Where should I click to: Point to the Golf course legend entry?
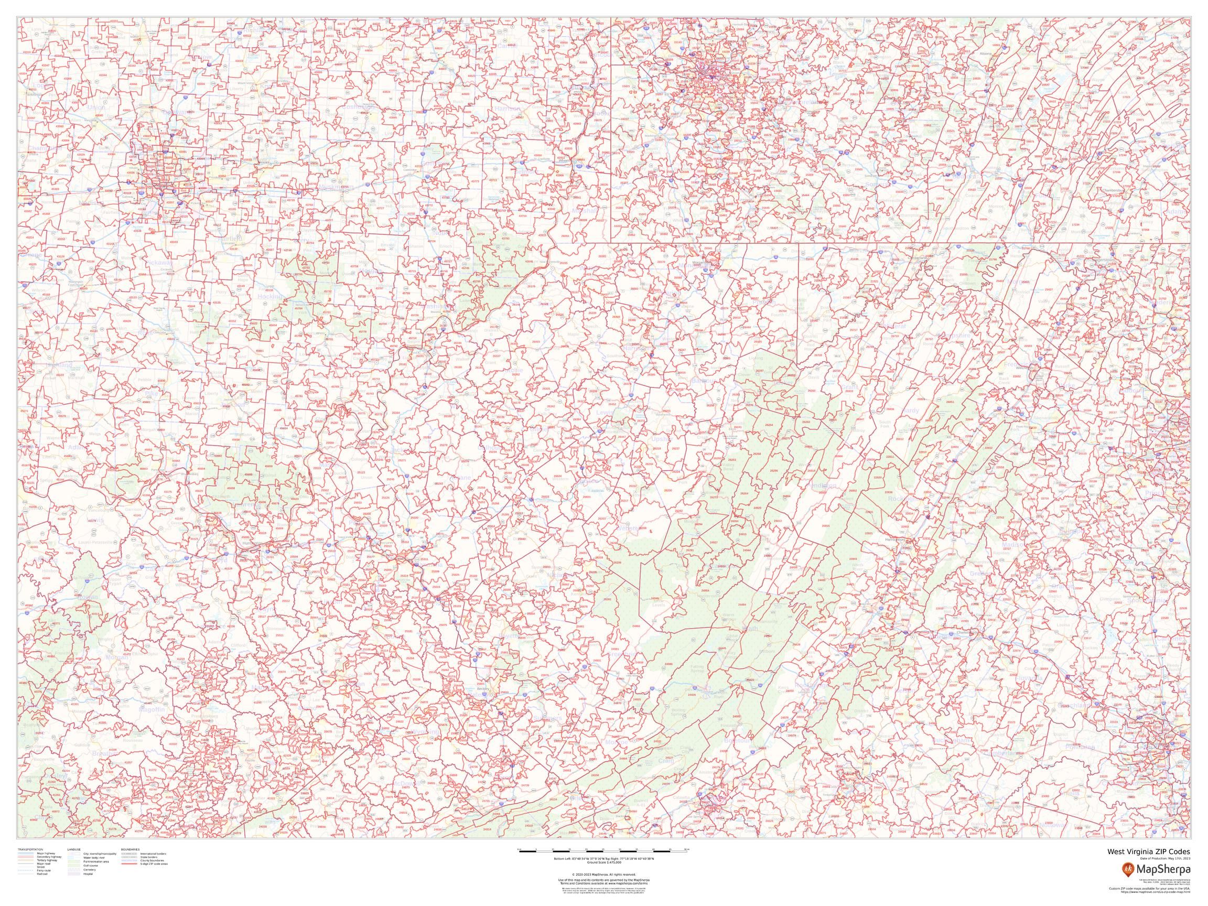(90, 866)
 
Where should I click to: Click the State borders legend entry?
(149, 857)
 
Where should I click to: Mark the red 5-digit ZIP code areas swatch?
(130, 864)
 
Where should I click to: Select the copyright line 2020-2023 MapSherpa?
(603, 874)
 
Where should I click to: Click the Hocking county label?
(269, 296)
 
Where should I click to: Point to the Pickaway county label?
(159, 263)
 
